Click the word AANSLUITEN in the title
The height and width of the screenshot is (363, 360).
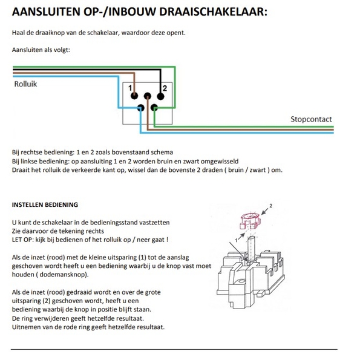[46, 11]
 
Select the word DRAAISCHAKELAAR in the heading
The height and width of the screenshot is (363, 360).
[213, 11]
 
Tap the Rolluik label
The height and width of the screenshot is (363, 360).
[25, 84]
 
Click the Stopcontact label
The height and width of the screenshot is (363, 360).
[311, 119]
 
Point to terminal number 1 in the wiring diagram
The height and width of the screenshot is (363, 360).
[130, 88]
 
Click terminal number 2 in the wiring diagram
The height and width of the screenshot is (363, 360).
[165, 88]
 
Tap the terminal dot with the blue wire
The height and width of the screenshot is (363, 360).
[140, 108]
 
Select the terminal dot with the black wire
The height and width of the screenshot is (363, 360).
[160, 96]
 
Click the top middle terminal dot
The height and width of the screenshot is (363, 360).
[148, 96]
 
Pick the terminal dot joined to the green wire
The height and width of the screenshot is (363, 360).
[154, 108]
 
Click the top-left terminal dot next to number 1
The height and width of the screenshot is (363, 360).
[134, 96]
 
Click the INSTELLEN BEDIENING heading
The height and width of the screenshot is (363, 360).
[45, 205]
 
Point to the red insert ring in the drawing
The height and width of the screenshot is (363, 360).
[250, 221]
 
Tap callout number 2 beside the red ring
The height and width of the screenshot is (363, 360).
[270, 206]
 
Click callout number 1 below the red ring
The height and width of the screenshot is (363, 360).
[236, 240]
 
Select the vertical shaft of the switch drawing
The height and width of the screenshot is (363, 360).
[251, 249]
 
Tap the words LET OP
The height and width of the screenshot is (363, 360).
[22, 240]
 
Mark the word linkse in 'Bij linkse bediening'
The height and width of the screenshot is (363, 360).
[29, 162]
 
